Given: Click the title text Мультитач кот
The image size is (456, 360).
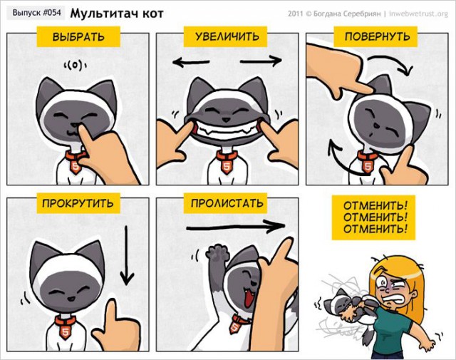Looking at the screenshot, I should point(117,13).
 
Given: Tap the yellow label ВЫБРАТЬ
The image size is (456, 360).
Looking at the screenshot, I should point(78,36).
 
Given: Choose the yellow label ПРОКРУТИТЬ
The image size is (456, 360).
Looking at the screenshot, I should point(78,204).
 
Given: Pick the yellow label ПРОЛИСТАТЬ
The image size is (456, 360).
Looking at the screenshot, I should point(227,203).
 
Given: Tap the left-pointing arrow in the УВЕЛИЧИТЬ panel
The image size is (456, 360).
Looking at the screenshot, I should point(191,63).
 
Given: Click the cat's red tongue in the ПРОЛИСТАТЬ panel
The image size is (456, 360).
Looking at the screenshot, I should point(248,297).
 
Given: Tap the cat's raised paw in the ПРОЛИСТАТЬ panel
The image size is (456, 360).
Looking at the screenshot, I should point(214,252).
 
